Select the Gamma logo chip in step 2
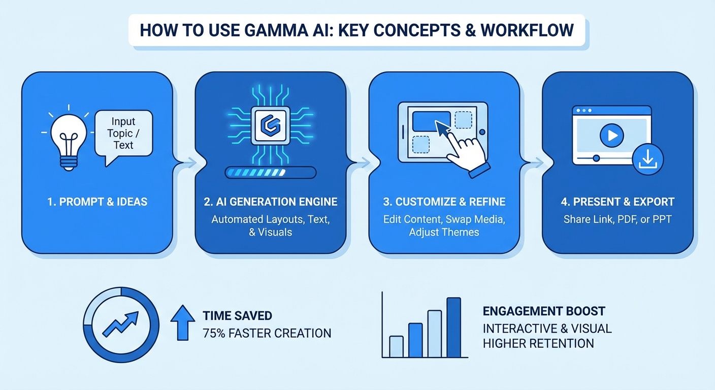(270, 125)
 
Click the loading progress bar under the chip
(270, 173)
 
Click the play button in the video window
(611, 135)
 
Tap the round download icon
(647, 159)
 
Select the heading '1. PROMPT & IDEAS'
(97, 202)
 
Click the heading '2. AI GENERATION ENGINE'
(270, 202)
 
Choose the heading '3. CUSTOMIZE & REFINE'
(444, 202)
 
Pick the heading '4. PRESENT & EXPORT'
(617, 202)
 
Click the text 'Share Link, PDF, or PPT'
(617, 219)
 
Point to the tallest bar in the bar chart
(453, 328)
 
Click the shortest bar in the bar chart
(396, 347)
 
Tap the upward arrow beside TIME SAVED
(183, 322)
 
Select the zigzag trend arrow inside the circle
(121, 324)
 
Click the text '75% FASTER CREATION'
(267, 333)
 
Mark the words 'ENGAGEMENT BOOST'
(544, 311)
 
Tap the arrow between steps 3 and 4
(537, 163)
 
